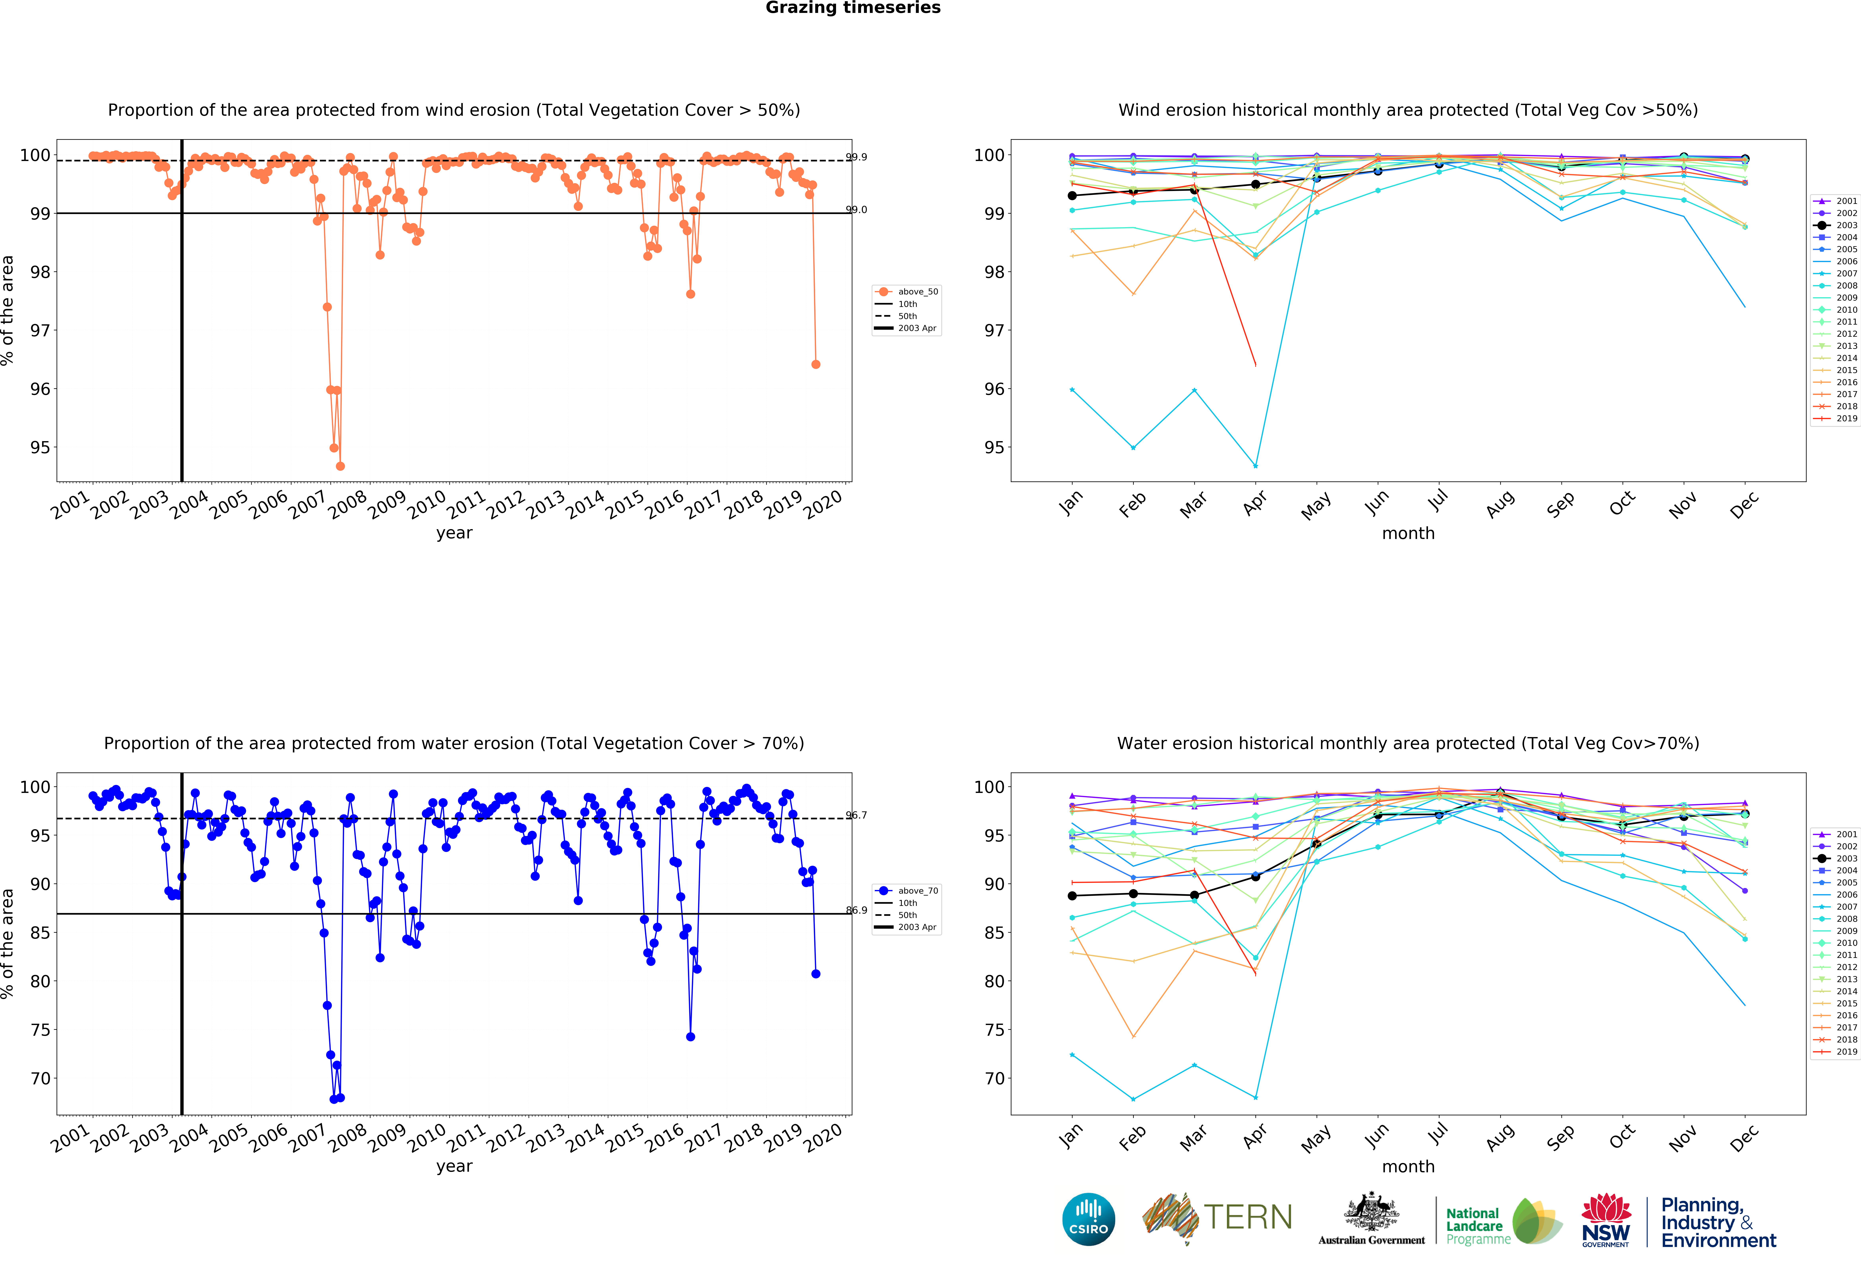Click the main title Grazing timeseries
tap(853, 8)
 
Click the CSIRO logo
tap(1088, 1219)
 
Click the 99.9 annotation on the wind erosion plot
tap(857, 157)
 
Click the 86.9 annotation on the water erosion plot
tap(857, 910)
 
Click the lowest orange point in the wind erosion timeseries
tap(340, 466)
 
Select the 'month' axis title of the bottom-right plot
tap(1408, 1166)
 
